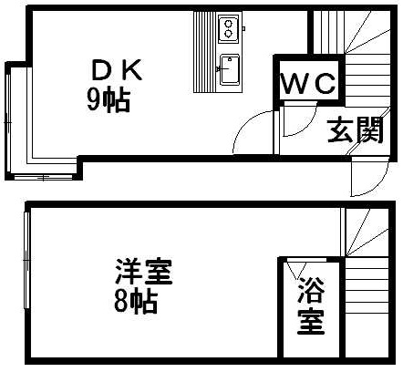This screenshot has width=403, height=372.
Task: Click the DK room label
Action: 117,70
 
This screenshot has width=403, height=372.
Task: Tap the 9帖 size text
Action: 108,100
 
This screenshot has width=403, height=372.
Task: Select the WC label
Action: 309,83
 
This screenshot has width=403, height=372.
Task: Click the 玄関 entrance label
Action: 355,130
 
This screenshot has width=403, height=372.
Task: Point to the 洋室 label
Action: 144,271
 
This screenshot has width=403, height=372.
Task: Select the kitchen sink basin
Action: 230,70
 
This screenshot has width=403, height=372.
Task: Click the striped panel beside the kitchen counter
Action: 205,52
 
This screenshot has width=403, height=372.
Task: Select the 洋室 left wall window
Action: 26,260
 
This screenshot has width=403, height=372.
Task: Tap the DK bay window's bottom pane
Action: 43,177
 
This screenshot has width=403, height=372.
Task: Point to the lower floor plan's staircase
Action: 367,283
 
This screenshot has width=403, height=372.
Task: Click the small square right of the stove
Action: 243,28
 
